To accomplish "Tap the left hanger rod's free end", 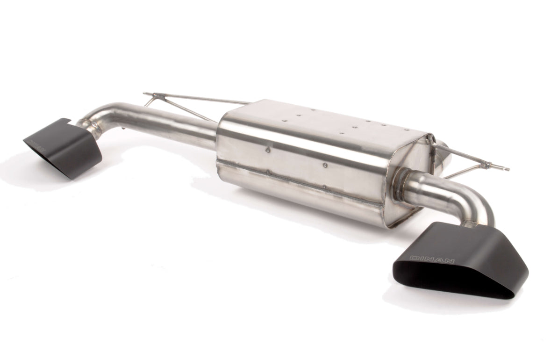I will point(145,94).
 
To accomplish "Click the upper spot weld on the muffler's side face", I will point(266,150).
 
